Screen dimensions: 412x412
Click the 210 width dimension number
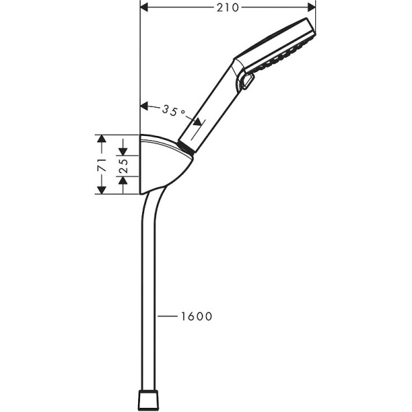tap(228, 8)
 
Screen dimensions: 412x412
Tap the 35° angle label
tap(174, 109)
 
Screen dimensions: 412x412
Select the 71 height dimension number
tap(101, 165)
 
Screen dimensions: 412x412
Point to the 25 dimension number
tap(124, 165)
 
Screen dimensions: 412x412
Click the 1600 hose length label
tap(196, 317)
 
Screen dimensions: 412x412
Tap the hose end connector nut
tap(150, 400)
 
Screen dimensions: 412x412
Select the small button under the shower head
tap(247, 83)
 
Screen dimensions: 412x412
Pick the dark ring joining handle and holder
tap(184, 146)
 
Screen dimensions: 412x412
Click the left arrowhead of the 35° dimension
tap(145, 106)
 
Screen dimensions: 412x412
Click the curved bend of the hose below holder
tap(152, 206)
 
